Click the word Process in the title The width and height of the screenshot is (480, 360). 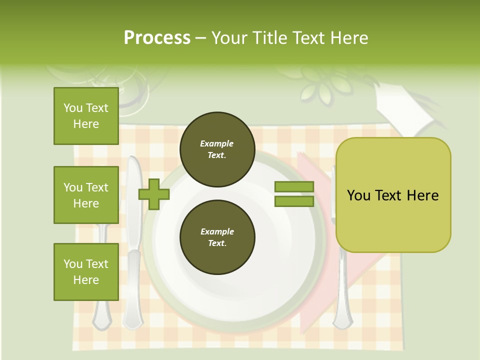[157, 38]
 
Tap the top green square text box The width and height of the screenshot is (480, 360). [86, 116]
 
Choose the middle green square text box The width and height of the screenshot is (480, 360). [86, 195]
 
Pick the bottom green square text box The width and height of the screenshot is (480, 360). [86, 272]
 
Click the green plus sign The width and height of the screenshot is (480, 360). [154, 194]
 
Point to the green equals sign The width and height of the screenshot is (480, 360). [294, 194]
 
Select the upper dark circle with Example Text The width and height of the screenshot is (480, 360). [217, 149]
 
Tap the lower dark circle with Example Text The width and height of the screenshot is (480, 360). [217, 237]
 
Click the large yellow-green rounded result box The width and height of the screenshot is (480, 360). [393, 195]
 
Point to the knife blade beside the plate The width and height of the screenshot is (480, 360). [133, 200]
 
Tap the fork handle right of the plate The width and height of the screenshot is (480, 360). [342, 290]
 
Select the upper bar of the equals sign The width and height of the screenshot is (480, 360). [294, 187]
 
